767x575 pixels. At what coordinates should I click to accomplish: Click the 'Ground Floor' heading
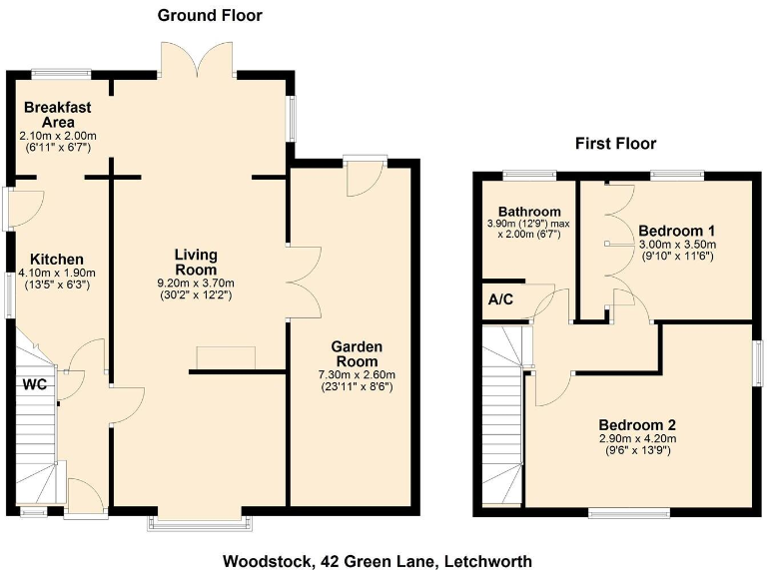click(x=211, y=16)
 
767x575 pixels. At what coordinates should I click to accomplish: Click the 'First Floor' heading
click(x=615, y=144)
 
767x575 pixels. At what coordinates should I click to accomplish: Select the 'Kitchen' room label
click(x=56, y=259)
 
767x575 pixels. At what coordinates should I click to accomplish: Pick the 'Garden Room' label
click(x=356, y=354)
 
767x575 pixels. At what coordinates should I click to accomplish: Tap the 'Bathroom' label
click(x=529, y=212)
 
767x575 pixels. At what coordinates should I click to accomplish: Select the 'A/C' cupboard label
click(x=501, y=299)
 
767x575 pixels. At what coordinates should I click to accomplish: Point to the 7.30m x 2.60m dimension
click(x=357, y=375)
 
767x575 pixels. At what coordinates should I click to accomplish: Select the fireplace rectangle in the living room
click(x=226, y=357)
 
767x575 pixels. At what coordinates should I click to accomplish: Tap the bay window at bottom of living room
click(x=198, y=521)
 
